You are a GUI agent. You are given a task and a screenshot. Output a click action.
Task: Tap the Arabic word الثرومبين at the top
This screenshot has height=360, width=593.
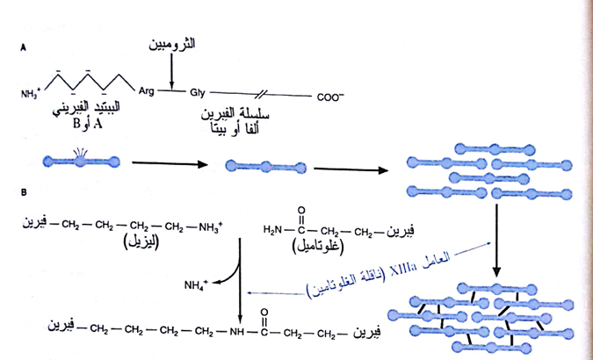click(x=169, y=43)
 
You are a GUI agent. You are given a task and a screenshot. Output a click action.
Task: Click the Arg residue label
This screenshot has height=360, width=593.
click(x=147, y=90)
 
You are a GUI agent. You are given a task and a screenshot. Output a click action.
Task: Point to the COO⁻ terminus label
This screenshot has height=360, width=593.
click(x=331, y=97)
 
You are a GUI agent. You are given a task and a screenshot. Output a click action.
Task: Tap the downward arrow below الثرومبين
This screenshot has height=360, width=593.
click(x=172, y=70)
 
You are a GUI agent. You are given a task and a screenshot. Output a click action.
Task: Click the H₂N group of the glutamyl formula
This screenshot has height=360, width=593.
click(x=273, y=231)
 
